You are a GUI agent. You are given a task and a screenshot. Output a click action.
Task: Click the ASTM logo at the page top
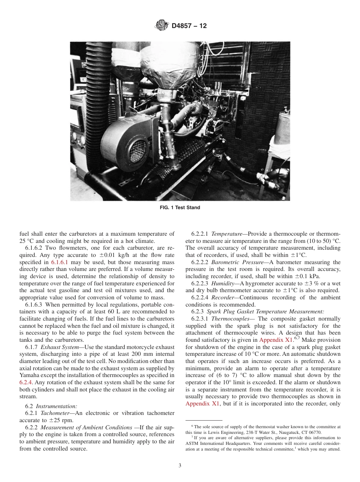(162, 26)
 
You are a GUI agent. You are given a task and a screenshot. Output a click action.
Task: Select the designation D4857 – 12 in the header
(189, 26)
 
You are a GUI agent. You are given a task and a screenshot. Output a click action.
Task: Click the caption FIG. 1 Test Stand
(180, 208)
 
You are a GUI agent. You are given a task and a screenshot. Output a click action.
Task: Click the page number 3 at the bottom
(180, 466)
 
